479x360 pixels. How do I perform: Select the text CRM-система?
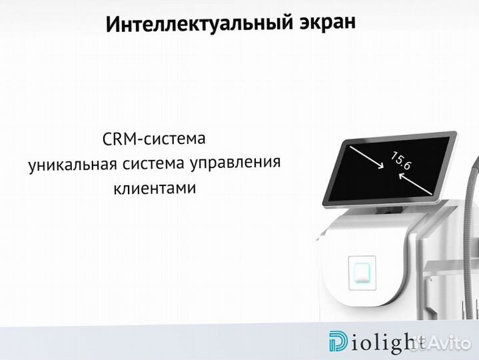coord(154,139)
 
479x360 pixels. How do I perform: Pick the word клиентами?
coord(155,188)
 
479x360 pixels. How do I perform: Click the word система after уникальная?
coord(151,163)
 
